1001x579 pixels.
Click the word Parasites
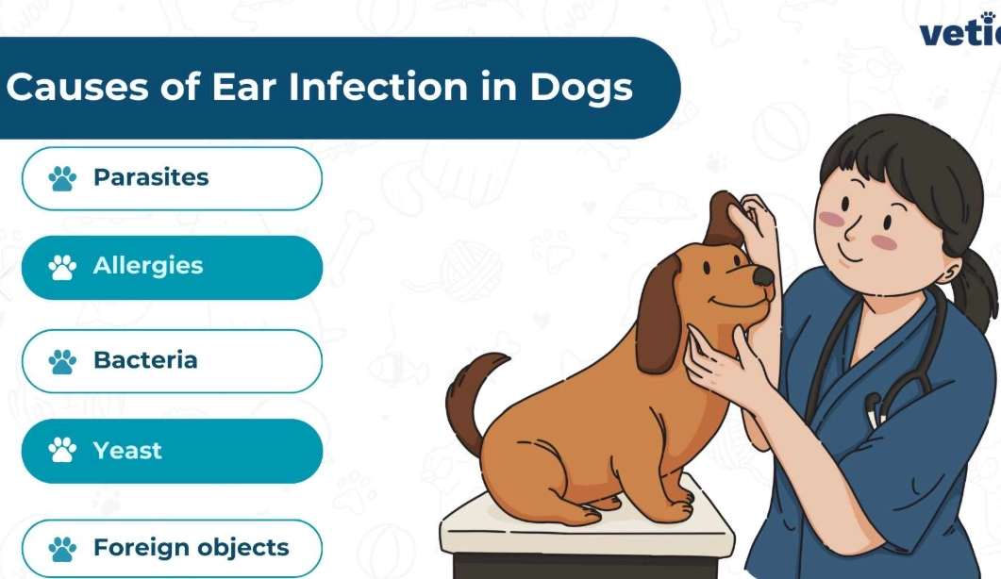[x=150, y=177]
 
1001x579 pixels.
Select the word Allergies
[x=147, y=266]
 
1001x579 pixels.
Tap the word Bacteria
[x=144, y=360]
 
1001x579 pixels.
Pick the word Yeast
[x=127, y=451]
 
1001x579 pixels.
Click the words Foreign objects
[x=191, y=548]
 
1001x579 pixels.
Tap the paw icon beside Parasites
[x=63, y=178]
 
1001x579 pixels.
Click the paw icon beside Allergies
[x=63, y=267]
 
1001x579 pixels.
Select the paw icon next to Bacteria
[x=63, y=361]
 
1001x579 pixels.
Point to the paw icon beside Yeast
[x=63, y=451]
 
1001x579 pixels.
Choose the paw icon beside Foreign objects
[x=63, y=549]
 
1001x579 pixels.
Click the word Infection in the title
[x=378, y=87]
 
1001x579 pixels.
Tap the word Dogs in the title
[x=581, y=87]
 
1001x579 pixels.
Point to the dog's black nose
[x=762, y=274]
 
